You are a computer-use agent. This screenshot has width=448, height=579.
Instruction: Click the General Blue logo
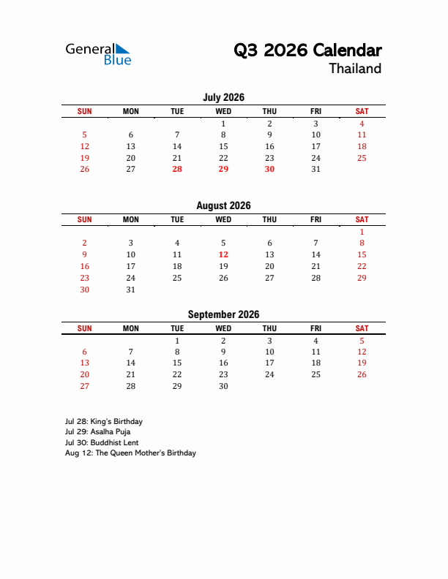tap(98, 53)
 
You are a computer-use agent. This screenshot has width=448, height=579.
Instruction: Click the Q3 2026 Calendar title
tap(307, 50)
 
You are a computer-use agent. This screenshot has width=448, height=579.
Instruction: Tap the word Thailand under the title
tap(355, 69)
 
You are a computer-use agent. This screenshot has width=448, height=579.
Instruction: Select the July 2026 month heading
tap(223, 97)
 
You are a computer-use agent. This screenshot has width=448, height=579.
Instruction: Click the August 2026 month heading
tap(223, 206)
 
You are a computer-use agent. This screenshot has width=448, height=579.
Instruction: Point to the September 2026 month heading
tap(223, 315)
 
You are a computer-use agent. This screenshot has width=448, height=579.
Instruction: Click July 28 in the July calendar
tap(177, 169)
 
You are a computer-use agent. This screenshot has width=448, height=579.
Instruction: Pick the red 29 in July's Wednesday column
tap(223, 169)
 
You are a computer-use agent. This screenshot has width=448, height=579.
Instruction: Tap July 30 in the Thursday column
tap(269, 169)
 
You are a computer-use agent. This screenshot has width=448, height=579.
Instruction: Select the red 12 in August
tap(223, 254)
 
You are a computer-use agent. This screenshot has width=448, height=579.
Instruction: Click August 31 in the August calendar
tap(131, 289)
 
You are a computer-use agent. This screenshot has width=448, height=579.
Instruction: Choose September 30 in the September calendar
tap(223, 387)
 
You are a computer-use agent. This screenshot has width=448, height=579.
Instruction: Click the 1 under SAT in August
tap(362, 231)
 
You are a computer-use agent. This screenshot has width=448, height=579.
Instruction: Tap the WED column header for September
tap(223, 329)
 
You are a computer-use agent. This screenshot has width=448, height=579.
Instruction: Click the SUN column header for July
tap(85, 111)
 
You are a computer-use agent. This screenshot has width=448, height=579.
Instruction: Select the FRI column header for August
tap(316, 219)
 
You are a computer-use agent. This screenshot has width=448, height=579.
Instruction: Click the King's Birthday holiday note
tap(103, 422)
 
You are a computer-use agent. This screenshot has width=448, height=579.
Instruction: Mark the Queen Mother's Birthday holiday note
tap(130, 453)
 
